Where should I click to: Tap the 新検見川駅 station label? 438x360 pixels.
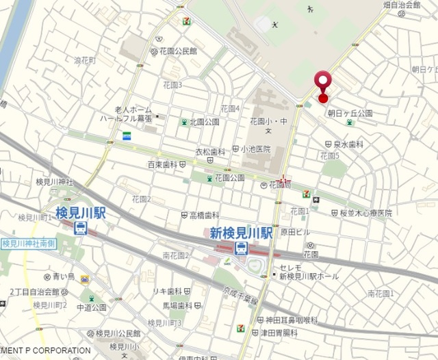241,233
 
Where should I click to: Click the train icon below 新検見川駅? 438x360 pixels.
241,249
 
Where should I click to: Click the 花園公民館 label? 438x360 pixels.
178,51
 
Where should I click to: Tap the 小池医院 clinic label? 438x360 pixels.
255,149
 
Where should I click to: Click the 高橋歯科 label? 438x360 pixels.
204,215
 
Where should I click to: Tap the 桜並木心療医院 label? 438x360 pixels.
367,214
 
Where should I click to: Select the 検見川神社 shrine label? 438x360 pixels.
55,182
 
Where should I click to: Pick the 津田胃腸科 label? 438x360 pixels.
281,333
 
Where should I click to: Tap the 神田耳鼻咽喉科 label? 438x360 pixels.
292,320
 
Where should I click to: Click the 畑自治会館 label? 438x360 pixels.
401,5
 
